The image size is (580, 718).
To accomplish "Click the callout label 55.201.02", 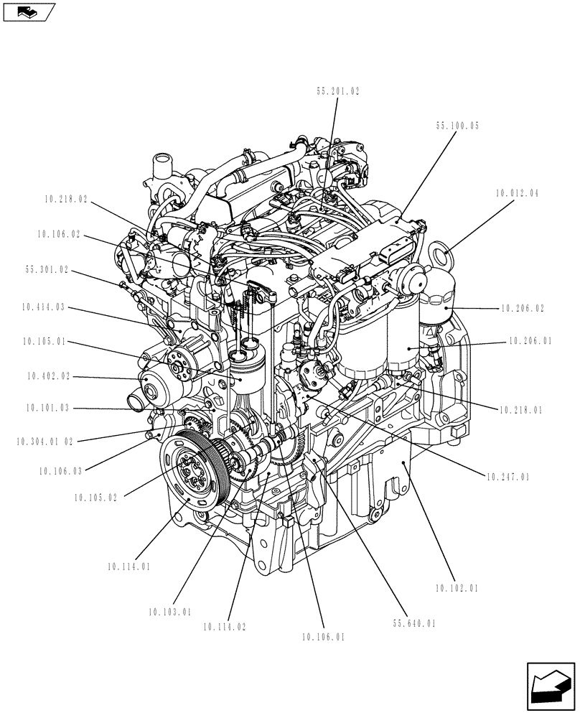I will point(337,91).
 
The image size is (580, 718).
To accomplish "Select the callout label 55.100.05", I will point(457,125).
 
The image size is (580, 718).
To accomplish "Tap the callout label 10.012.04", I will point(517,194).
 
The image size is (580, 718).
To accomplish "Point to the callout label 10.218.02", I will point(65,200).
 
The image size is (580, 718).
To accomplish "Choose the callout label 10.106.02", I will point(57,233).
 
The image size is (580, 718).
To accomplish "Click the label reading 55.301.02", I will point(47,270).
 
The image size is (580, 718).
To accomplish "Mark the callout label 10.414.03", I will point(45,307).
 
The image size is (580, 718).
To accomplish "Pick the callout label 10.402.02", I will point(49,376).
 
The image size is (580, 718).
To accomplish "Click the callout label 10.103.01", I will point(170,612).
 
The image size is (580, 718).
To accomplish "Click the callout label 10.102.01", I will point(457,588).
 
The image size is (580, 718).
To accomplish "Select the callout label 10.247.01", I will point(508,476).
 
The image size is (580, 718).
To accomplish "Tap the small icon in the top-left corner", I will point(28,11).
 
